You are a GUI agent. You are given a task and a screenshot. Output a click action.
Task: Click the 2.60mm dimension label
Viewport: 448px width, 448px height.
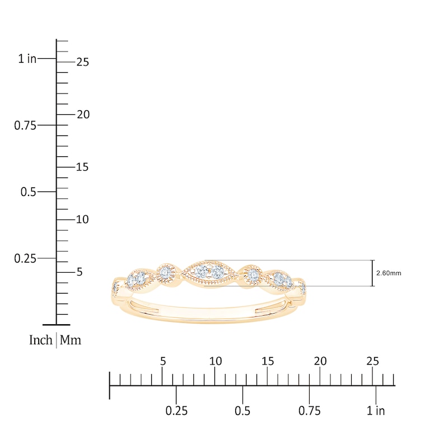pos(389,273)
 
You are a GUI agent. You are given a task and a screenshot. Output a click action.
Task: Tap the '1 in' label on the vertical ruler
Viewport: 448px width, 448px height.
pos(27,59)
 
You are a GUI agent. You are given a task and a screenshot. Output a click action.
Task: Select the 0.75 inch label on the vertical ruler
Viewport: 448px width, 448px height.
pos(25,125)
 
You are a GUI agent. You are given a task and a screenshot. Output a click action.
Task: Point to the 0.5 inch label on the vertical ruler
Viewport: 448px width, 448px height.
pos(29,192)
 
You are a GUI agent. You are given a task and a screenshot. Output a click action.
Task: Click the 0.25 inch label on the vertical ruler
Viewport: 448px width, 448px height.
pos(25,259)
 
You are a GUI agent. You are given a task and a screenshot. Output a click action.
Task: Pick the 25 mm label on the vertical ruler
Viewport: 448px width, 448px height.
pos(83,62)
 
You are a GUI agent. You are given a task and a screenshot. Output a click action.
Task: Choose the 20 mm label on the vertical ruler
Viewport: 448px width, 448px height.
pos(83,115)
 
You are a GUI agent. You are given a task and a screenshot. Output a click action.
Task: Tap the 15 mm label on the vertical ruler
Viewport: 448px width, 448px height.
pos(82,167)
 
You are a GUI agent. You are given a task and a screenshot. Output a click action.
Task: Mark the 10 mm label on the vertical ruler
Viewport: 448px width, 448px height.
pos(82,220)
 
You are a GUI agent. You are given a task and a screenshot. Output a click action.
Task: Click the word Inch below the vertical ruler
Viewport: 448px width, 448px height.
pos(41,340)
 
